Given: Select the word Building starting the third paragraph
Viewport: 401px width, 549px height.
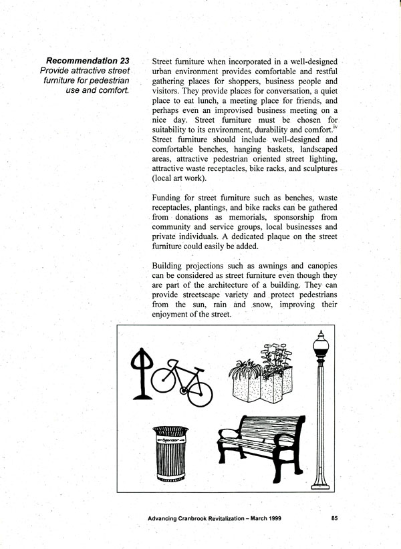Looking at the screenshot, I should (x=172, y=266).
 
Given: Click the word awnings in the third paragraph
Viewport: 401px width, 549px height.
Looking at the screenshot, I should (x=267, y=266).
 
